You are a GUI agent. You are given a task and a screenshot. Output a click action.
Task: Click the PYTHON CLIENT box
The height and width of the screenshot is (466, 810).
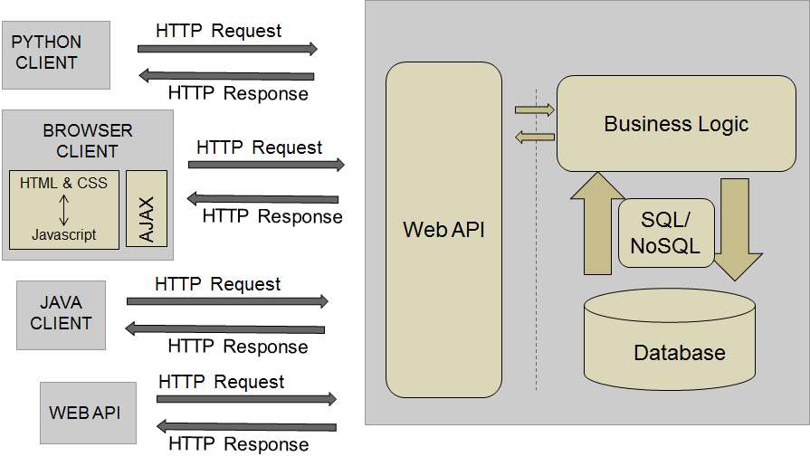[x=55, y=54]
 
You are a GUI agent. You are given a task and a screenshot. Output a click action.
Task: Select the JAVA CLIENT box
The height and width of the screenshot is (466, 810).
[x=61, y=315]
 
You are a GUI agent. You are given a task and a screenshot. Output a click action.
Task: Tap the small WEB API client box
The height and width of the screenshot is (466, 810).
[x=88, y=413]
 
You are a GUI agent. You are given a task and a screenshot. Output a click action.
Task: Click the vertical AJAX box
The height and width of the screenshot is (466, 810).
[x=147, y=209]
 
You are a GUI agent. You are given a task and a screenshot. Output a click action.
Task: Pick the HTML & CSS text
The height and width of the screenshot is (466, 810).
[x=63, y=183]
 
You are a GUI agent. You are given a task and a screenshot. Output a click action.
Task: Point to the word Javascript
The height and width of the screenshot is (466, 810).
[x=63, y=235]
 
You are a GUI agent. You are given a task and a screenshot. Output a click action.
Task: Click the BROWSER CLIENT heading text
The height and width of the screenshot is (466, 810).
[x=87, y=141]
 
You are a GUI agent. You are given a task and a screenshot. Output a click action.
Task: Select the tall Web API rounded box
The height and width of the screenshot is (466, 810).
[x=443, y=230]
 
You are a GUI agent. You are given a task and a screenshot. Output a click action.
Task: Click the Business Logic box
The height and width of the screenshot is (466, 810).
[x=675, y=124]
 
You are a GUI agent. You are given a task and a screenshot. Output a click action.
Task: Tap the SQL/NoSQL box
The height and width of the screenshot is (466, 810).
[x=666, y=233]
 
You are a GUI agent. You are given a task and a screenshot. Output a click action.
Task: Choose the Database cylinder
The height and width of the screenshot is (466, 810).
[x=669, y=338]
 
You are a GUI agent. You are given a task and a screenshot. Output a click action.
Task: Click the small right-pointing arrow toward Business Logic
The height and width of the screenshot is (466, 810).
[x=534, y=110]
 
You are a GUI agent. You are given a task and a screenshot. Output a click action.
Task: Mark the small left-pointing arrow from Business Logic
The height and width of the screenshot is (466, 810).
[x=534, y=138]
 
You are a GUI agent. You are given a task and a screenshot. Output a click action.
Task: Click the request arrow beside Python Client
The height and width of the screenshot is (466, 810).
[x=227, y=49]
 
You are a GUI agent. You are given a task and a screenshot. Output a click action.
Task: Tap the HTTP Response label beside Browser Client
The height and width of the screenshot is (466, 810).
[x=272, y=216]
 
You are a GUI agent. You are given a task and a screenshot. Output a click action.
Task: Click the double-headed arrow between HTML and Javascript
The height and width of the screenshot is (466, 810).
[x=63, y=209]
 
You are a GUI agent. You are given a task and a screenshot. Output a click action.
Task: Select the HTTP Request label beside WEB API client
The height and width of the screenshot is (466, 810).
[x=221, y=382]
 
